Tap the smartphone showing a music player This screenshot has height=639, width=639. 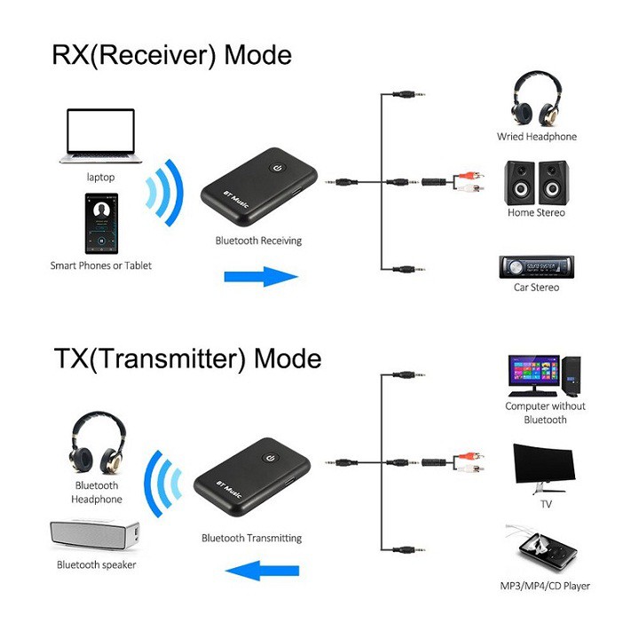pos(102,221)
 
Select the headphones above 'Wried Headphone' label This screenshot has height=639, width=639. pos(536,99)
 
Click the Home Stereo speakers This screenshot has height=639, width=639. pos(536,182)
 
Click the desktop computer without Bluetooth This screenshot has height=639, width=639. pos(544,376)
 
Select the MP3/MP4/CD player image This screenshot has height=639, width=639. pos(543,549)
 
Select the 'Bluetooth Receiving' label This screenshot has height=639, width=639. pos(258,241)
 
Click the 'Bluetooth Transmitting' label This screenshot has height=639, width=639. pos(251,538)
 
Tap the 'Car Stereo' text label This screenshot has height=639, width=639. pos(536,288)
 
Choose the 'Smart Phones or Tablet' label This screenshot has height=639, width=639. pos(100,265)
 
